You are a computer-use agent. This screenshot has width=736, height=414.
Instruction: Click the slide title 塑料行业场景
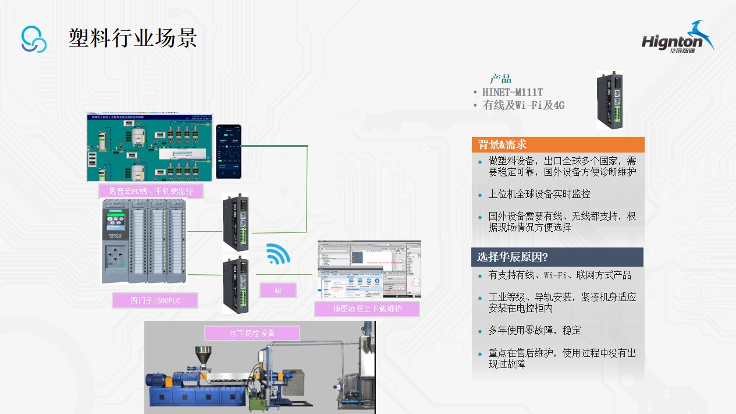133,38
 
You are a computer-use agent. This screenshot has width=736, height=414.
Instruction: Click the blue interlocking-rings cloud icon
34,39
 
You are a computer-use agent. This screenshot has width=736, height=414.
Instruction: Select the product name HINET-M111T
513,92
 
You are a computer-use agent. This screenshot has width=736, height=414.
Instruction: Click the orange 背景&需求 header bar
557,144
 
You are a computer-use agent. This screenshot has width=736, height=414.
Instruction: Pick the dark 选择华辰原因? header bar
557,257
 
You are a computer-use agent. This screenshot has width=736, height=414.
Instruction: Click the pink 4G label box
278,290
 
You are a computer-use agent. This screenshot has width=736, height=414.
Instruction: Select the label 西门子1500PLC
155,300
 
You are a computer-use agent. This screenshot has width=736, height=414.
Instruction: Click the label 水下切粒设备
252,333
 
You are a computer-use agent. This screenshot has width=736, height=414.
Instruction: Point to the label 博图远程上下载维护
367,309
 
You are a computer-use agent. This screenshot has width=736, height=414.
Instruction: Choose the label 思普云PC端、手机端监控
151,191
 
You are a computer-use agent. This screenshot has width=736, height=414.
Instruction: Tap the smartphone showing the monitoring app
229,152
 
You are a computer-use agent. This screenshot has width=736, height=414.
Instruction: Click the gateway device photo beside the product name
609,100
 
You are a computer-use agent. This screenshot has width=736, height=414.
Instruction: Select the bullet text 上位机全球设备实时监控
539,194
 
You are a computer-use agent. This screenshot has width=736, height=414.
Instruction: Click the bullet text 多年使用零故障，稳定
534,330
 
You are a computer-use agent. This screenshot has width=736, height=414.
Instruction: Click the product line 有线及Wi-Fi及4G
524,105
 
